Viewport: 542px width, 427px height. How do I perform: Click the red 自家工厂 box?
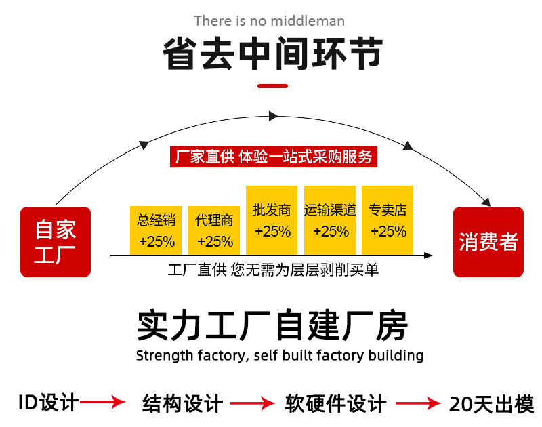click(55, 242)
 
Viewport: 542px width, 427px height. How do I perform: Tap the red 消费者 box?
click(488, 242)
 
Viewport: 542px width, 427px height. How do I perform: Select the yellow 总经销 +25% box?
click(157, 230)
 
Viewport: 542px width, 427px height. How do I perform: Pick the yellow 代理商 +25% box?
click(214, 230)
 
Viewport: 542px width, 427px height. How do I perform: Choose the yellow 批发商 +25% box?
click(272, 220)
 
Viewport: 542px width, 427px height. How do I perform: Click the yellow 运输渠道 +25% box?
click(330, 220)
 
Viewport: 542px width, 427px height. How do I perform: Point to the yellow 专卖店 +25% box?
click(388, 220)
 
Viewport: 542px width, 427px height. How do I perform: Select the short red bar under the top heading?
click(273, 86)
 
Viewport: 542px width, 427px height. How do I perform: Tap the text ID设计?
click(48, 403)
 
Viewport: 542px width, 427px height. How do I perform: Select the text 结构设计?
click(182, 404)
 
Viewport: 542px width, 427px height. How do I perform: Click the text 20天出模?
click(492, 404)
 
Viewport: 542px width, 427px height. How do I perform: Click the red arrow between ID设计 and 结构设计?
click(103, 403)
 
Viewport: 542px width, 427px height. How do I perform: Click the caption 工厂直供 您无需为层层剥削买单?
click(273, 270)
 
